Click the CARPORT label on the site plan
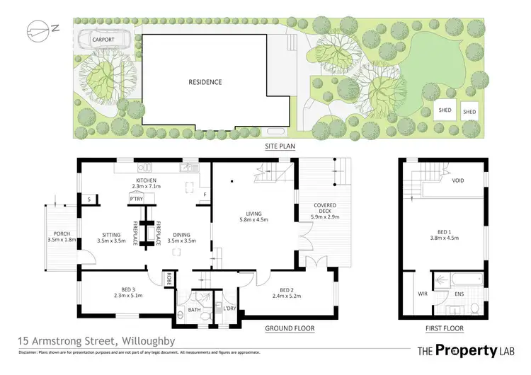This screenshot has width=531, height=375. coord(103,40)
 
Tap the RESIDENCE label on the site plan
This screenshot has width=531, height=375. coord(205,82)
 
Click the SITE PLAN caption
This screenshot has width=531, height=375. coord(280,147)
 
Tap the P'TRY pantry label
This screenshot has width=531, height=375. coord(136,200)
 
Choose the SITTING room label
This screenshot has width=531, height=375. coord(111,237)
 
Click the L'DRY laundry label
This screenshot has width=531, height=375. coord(229,309)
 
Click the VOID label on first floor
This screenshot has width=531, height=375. coord(457,180)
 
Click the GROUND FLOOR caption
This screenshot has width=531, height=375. coord(289,329)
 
